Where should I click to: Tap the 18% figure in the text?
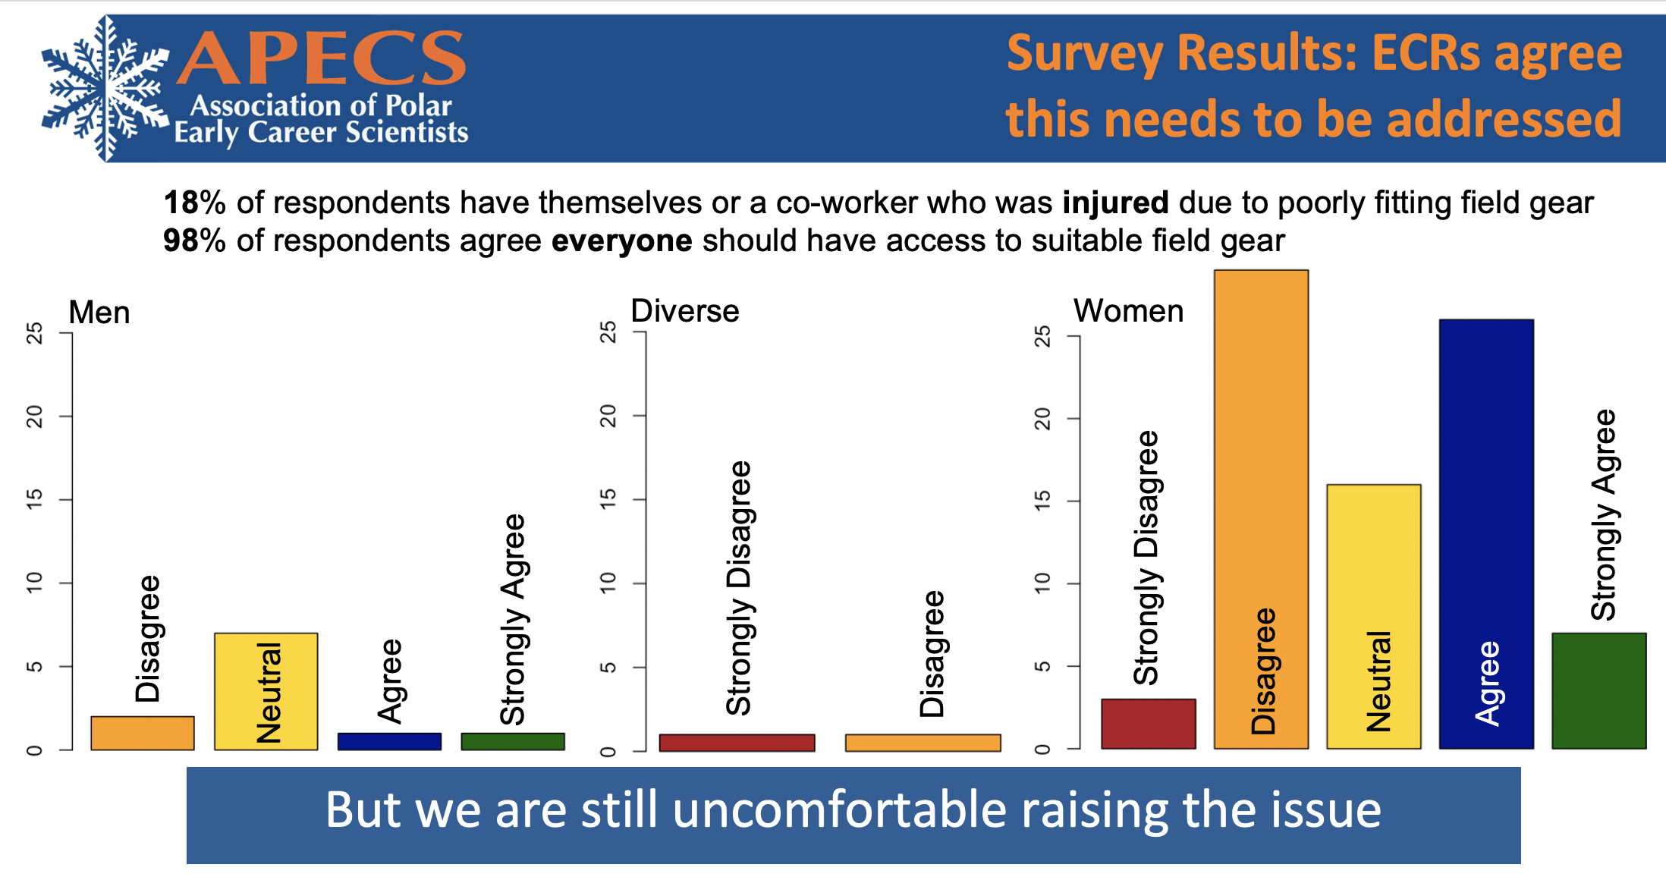(194, 203)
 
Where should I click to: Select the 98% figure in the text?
(194, 241)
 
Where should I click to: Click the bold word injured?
(1114, 203)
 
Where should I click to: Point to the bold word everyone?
(621, 241)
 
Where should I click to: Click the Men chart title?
(99, 313)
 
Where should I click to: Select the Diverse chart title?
(684, 311)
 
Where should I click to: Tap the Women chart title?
(1128, 311)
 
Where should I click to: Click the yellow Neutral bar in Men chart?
(266, 691)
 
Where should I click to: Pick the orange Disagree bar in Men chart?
(142, 733)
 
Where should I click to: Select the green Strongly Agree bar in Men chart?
(513, 741)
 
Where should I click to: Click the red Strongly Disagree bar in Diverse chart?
(737, 743)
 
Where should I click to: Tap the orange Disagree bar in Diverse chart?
(923, 743)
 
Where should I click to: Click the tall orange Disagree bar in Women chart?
(1261, 508)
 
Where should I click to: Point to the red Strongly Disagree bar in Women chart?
(1148, 724)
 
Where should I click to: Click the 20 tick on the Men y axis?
(34, 416)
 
